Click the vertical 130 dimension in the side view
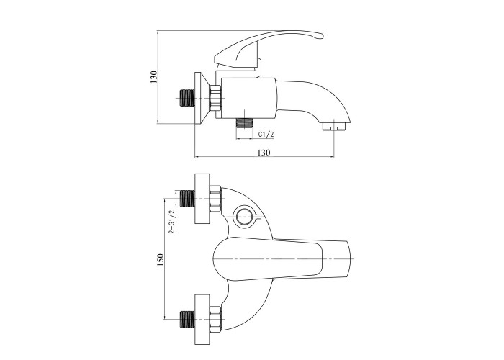coord(153,77)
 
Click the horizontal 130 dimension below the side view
coord(264,153)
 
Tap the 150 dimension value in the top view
coord(161,260)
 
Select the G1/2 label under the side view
coord(266,135)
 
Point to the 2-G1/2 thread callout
coord(172,221)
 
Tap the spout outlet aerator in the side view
coord(334,126)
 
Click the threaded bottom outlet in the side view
coord(245,123)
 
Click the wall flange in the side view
coord(202,98)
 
